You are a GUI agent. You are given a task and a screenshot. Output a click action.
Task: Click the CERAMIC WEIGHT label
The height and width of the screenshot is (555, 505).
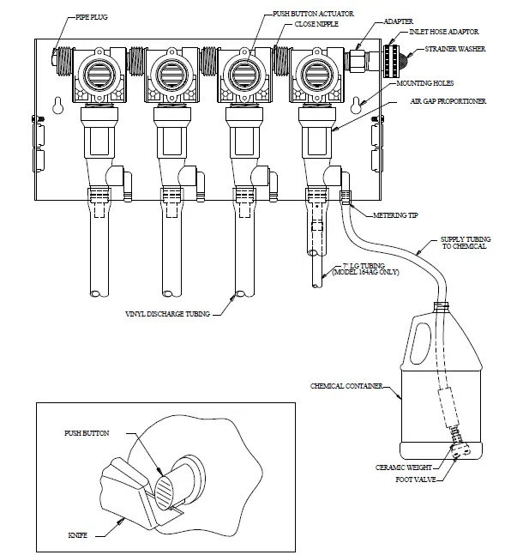400,468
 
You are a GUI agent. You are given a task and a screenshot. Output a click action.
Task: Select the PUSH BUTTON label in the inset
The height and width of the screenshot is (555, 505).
88,434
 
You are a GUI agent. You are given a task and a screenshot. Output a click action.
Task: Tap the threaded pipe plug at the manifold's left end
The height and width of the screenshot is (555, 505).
59,61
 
